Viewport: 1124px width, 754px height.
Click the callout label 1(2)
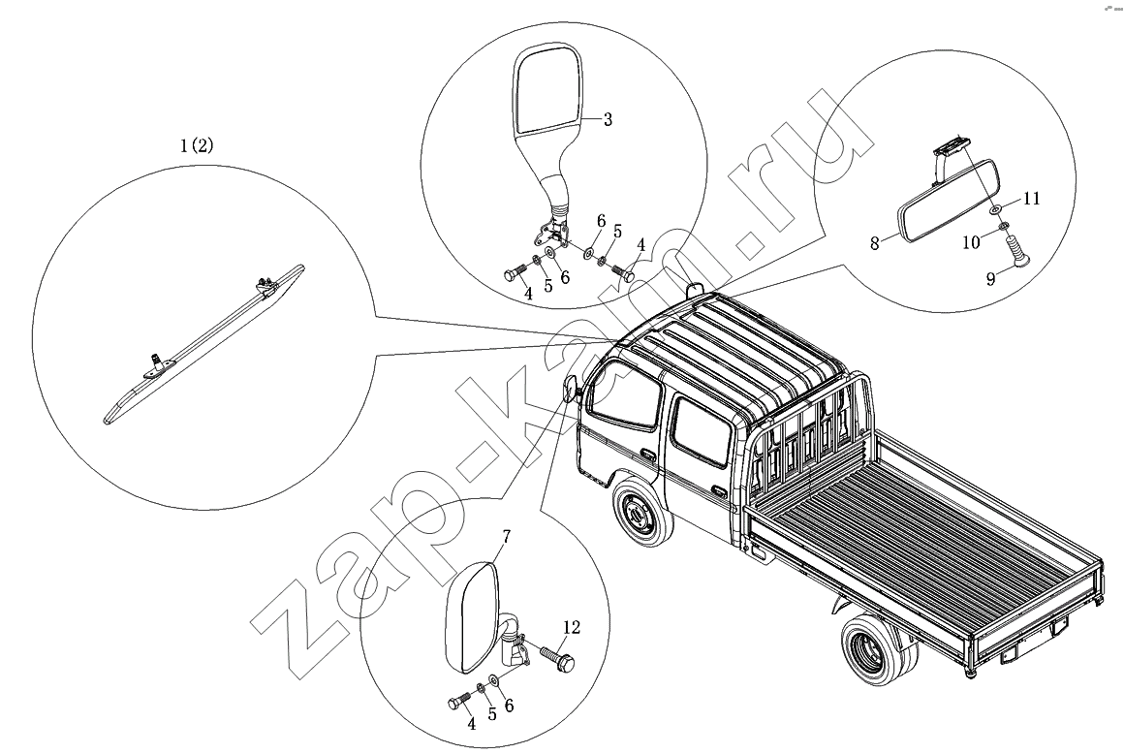coord(197,145)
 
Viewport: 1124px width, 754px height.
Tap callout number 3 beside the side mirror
coord(608,120)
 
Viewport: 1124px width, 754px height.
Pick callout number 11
coord(1031,199)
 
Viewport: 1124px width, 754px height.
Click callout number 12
coord(570,628)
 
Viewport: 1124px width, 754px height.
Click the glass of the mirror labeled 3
coord(546,93)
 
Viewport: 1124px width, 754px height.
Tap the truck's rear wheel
coord(877,652)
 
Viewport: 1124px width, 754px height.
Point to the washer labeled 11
coord(997,209)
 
